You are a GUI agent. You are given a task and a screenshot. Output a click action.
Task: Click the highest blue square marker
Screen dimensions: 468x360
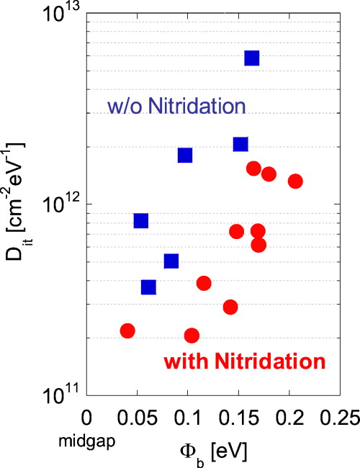[x=252, y=58]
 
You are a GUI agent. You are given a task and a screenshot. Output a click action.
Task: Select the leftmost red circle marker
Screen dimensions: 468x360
[x=127, y=330]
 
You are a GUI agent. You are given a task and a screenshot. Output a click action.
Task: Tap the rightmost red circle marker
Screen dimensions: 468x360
[x=294, y=181]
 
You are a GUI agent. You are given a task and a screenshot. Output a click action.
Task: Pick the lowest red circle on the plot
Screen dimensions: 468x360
[x=192, y=336]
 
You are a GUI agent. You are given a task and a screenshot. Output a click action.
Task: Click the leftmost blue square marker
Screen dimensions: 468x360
[x=141, y=220]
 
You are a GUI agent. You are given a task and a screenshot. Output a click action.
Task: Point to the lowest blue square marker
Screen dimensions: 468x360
[x=148, y=287]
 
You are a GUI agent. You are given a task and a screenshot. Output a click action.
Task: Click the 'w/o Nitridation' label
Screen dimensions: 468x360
[x=176, y=107]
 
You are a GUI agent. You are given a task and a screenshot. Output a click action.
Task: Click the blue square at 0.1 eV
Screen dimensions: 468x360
[x=185, y=155]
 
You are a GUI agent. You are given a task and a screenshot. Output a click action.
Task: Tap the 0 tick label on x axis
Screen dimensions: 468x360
[x=87, y=418]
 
